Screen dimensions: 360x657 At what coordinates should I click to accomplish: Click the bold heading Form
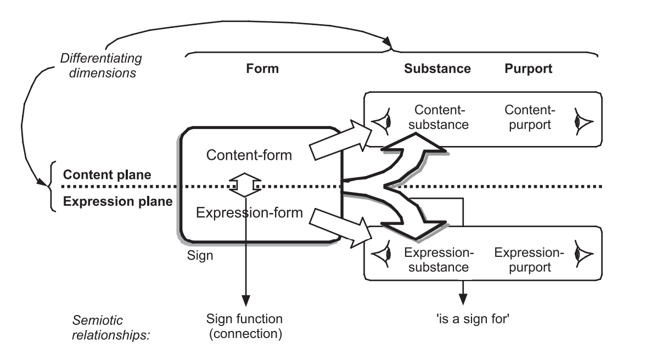click(262, 69)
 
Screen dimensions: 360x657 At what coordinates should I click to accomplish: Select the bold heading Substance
click(437, 69)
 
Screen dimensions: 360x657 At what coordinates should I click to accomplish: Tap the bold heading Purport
click(527, 69)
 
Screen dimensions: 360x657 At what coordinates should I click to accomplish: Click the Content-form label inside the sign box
click(249, 155)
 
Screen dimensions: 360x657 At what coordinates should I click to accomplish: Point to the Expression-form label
click(249, 212)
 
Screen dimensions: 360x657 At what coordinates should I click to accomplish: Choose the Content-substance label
click(441, 116)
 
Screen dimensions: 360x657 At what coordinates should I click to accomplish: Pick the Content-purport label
click(527, 116)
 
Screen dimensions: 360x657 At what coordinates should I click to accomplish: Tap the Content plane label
click(99, 175)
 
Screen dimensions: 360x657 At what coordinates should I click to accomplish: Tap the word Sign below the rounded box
click(200, 255)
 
